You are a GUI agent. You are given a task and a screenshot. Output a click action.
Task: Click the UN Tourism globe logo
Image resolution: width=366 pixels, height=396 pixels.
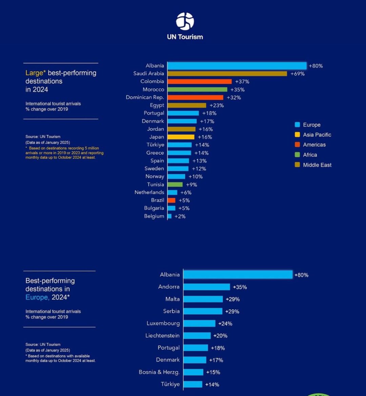(185, 21)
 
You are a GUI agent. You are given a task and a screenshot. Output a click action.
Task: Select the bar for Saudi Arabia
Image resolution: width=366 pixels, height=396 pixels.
(227, 73)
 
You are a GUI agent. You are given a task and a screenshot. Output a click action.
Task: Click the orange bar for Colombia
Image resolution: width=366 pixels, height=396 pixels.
(200, 82)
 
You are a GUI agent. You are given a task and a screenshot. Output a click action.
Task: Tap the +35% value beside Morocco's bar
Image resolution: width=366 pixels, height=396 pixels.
(237, 90)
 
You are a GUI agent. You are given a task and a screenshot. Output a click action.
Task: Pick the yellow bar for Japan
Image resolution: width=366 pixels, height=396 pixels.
(181, 137)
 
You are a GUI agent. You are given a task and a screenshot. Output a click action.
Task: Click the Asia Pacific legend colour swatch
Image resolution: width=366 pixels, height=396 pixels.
(298, 135)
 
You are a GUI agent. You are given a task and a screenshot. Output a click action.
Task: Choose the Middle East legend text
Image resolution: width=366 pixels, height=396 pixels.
(317, 165)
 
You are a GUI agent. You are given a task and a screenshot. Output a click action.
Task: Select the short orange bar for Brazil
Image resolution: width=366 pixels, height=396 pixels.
(171, 200)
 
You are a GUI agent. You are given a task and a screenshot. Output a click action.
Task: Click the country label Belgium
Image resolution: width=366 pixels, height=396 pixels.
(154, 216)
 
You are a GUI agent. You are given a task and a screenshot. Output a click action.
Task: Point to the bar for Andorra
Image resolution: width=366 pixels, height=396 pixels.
(206, 287)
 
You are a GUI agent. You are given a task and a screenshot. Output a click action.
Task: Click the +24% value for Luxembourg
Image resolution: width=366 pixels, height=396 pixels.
(225, 324)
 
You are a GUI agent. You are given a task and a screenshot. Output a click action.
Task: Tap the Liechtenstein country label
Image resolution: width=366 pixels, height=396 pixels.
(162, 336)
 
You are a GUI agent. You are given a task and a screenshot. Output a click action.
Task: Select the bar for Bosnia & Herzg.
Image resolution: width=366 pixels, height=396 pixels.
(193, 372)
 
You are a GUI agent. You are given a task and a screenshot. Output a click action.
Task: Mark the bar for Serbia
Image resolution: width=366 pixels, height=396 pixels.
(203, 311)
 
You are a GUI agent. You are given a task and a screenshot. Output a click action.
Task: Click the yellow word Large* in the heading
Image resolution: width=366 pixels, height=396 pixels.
(35, 73)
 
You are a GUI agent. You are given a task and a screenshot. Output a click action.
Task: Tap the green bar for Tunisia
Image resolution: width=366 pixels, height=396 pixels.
(175, 184)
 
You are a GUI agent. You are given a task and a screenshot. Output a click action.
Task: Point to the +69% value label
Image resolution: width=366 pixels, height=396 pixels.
(297, 74)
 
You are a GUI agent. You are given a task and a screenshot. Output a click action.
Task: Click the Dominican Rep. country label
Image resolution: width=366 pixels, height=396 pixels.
(145, 97)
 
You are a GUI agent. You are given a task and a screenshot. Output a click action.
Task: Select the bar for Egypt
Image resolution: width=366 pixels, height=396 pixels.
(187, 105)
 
